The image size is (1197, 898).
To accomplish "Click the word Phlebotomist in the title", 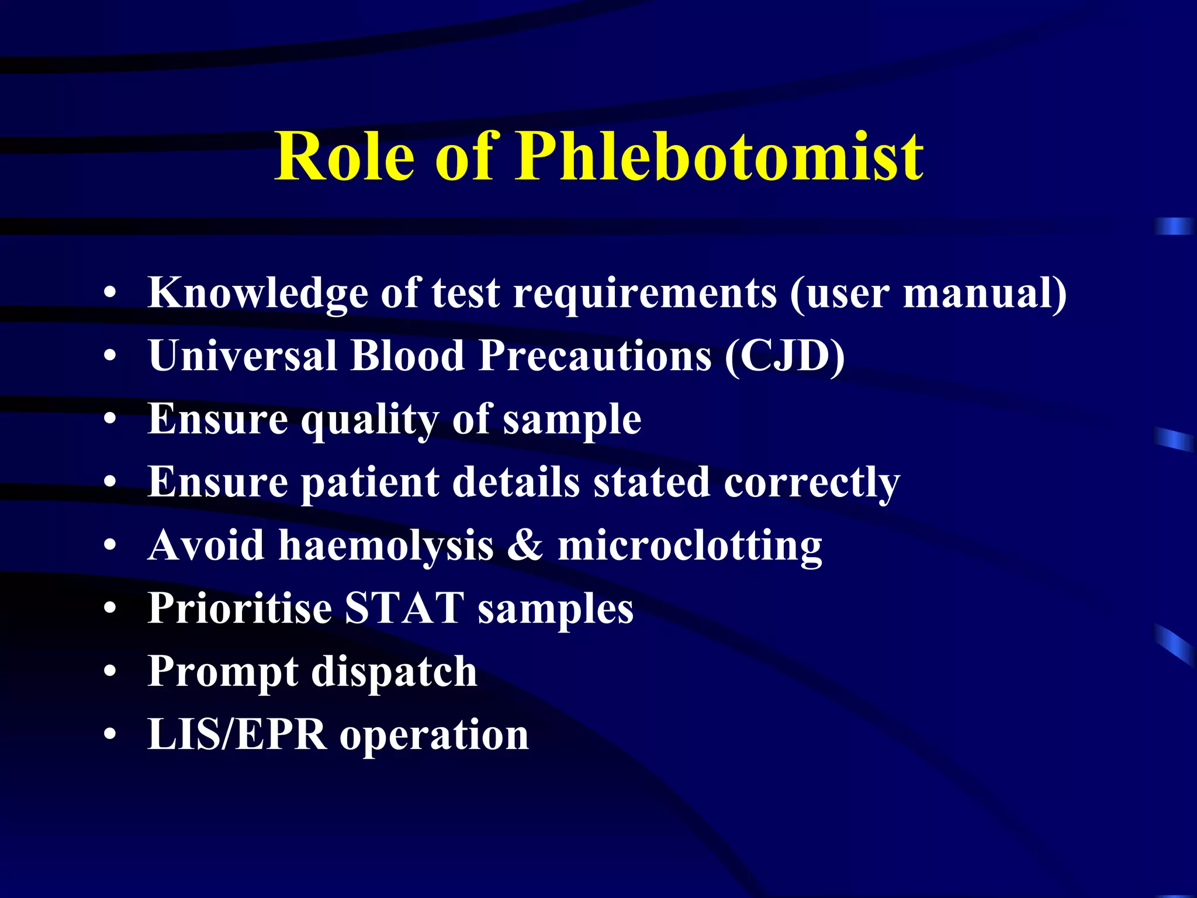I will click(x=719, y=157).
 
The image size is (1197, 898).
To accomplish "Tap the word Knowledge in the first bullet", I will click(x=258, y=292).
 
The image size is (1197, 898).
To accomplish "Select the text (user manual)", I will click(x=928, y=292).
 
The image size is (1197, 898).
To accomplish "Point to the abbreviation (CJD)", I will click(x=784, y=355).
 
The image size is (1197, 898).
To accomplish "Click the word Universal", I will click(x=243, y=355).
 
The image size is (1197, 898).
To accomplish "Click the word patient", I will click(x=369, y=483).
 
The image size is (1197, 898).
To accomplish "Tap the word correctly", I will click(x=812, y=483).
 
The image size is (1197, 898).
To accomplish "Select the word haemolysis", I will click(x=386, y=545).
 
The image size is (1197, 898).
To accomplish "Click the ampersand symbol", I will click(x=525, y=545).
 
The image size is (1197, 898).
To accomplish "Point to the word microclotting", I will click(x=690, y=545).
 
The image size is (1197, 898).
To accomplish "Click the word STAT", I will click(x=404, y=609).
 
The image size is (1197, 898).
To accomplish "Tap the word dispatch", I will click(x=394, y=672).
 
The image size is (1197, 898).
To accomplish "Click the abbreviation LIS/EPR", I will click(x=237, y=735).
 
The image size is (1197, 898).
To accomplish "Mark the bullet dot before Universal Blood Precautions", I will click(x=110, y=356).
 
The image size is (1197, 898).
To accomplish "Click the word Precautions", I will click(x=595, y=355).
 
